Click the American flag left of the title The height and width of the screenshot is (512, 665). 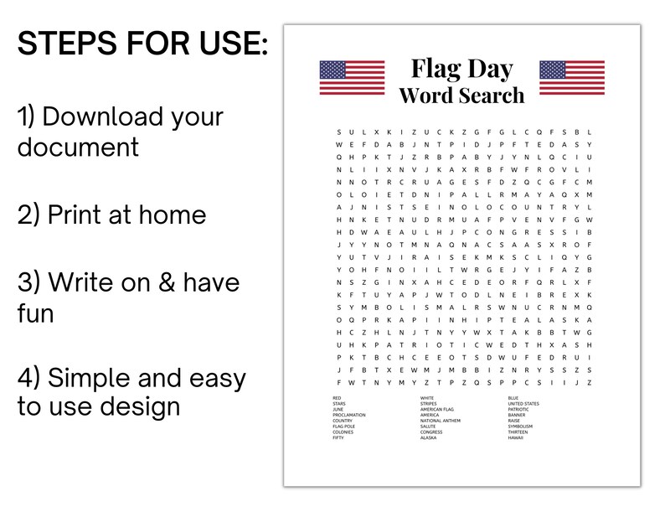pyautogui.click(x=352, y=77)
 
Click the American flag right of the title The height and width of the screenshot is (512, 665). pyautogui.click(x=571, y=77)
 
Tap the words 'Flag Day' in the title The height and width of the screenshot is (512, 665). pyautogui.click(x=461, y=68)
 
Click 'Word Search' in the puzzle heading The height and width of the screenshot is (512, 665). pyautogui.click(x=461, y=95)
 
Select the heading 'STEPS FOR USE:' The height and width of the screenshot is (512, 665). pyautogui.click(x=143, y=44)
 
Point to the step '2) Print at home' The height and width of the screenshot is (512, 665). pyautogui.click(x=111, y=215)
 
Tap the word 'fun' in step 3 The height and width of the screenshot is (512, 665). pyautogui.click(x=35, y=313)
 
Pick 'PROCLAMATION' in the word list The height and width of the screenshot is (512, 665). pyautogui.click(x=348, y=415)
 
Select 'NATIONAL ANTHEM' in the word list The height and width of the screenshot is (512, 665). pyautogui.click(x=441, y=421)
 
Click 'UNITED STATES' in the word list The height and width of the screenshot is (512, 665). pyautogui.click(x=523, y=403)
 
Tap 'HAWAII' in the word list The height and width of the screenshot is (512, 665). pyautogui.click(x=515, y=437)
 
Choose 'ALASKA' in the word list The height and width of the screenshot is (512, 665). pyautogui.click(x=428, y=437)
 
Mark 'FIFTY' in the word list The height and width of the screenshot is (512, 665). pyautogui.click(x=338, y=437)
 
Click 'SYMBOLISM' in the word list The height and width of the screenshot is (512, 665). pyautogui.click(x=520, y=427)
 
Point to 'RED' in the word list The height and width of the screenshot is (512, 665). pyautogui.click(x=337, y=397)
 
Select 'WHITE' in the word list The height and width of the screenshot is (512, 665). pyautogui.click(x=427, y=397)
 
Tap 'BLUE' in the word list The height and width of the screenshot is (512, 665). pyautogui.click(x=513, y=397)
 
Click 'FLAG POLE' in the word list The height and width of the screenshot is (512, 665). pyautogui.click(x=343, y=427)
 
